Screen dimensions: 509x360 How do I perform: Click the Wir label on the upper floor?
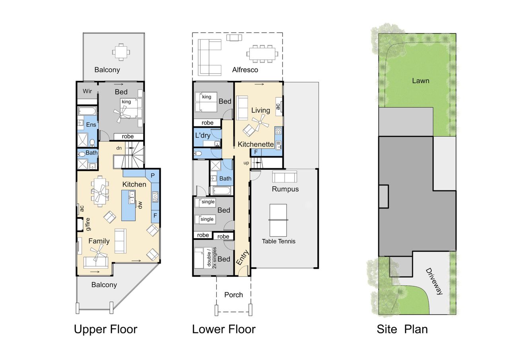click(x=87, y=91)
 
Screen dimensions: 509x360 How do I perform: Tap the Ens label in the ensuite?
click(x=91, y=125)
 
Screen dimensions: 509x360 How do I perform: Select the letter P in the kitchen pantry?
click(x=153, y=175)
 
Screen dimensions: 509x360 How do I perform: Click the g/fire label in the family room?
click(x=88, y=224)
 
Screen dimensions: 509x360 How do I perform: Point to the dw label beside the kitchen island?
click(x=140, y=205)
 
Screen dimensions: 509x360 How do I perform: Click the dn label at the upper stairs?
click(x=119, y=148)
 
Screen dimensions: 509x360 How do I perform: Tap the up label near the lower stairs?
click(x=246, y=163)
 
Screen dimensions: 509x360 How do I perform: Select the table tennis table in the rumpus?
click(x=278, y=220)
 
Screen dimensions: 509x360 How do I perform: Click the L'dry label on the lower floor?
click(x=203, y=136)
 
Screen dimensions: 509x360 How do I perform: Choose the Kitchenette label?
click(x=256, y=144)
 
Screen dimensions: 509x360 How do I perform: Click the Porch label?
click(x=233, y=295)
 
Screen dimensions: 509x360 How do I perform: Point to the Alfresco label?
click(x=245, y=70)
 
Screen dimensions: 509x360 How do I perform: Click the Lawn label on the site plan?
click(x=421, y=81)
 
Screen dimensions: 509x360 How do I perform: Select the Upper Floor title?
click(x=106, y=329)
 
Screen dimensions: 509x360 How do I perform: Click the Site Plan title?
click(x=402, y=329)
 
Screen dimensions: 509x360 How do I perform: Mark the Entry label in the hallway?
click(x=243, y=257)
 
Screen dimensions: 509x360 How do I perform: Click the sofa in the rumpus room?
click(x=284, y=177)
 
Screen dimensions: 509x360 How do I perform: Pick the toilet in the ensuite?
click(x=92, y=142)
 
